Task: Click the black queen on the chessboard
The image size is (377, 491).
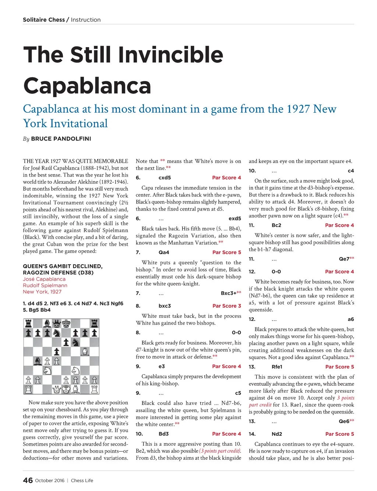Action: point(56,324)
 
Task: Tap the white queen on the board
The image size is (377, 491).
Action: point(56,389)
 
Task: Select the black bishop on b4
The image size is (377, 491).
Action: point(38,361)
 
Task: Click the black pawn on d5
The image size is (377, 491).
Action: point(56,352)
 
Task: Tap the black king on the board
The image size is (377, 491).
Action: point(66,324)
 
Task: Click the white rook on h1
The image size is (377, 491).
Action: point(94,389)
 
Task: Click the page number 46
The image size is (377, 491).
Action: point(28,480)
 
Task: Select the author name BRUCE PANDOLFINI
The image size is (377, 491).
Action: point(61,139)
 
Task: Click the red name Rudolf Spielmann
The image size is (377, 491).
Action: point(45,285)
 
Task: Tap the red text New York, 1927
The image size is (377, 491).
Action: point(42,292)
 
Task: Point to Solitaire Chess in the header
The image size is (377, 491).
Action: point(43,20)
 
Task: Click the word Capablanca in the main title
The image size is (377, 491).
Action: point(87,85)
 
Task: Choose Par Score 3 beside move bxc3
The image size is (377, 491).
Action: point(227,306)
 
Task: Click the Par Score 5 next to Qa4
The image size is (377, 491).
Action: point(227,252)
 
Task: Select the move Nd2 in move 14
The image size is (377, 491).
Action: point(276,434)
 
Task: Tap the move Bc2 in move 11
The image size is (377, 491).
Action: point(276,225)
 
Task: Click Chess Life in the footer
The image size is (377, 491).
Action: point(82,480)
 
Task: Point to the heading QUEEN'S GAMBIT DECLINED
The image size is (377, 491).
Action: point(63,266)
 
